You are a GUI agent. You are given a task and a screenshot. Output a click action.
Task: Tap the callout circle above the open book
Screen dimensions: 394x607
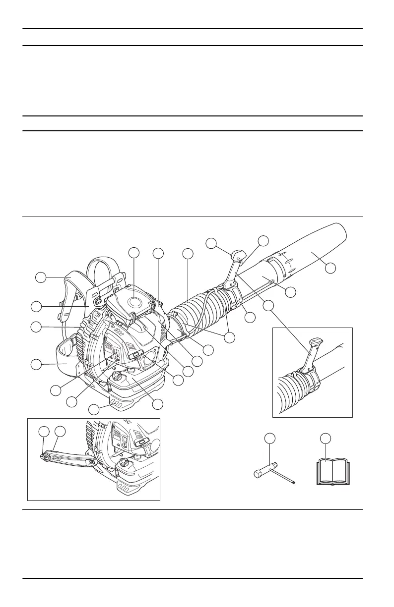coord(325,438)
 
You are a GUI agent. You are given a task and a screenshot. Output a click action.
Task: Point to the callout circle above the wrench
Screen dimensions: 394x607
coord(269,438)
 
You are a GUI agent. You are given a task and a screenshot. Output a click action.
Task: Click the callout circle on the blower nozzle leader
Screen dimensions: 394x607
coord(330,268)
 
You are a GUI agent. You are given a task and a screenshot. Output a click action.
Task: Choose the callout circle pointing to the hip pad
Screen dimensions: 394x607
coord(36,365)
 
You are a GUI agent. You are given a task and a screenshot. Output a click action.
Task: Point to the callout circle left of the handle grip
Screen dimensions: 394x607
coord(211,243)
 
